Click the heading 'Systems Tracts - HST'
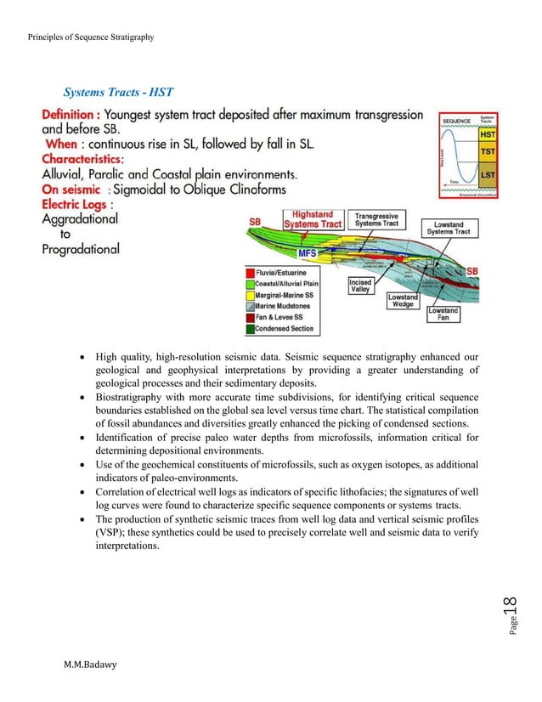click(119, 92)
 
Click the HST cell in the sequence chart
click(488, 134)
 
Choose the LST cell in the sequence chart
click(488, 174)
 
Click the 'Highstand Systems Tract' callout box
click(313, 220)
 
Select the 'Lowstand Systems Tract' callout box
click(451, 227)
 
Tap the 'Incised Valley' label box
click(361, 286)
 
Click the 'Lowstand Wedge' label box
click(403, 300)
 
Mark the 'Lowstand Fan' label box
click(443, 314)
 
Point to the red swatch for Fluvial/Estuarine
click(250, 272)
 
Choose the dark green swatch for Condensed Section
click(250, 328)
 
